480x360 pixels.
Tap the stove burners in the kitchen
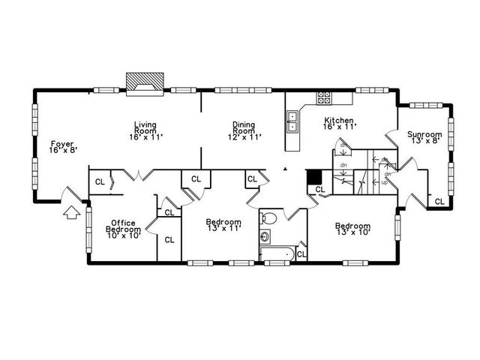pos(324,97)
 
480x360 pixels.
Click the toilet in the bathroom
pos(271,219)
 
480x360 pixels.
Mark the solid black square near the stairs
pos(315,177)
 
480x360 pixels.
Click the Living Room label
pos(145,131)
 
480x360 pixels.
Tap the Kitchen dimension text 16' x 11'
pos(337,127)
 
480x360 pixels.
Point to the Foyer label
pos(63,146)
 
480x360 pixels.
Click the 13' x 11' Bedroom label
pos(223,226)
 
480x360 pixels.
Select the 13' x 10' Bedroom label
pos(352,229)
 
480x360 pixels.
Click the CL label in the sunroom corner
pos(439,201)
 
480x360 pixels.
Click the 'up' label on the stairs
pos(385,182)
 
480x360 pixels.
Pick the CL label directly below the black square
pos(319,190)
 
